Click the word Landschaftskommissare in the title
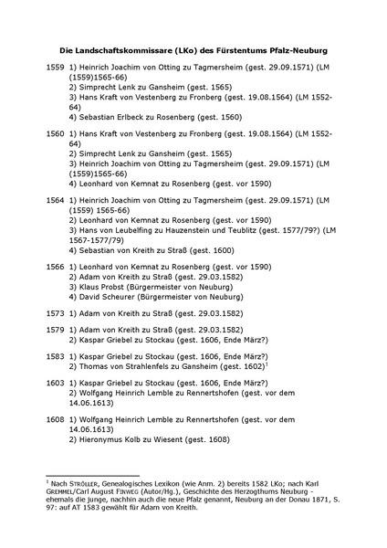122,50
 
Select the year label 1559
55,68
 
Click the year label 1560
55,132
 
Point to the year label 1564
55,197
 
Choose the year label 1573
55,312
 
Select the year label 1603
55,383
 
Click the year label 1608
55,419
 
